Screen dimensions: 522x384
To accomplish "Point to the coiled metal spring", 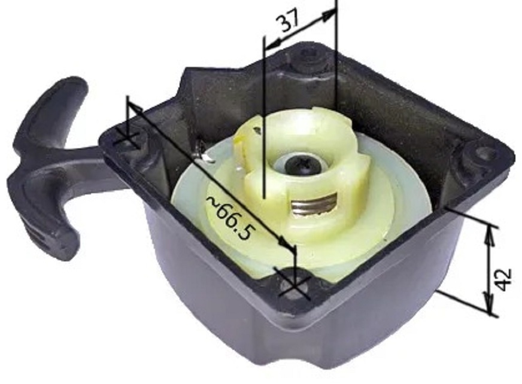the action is [x=312, y=206].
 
